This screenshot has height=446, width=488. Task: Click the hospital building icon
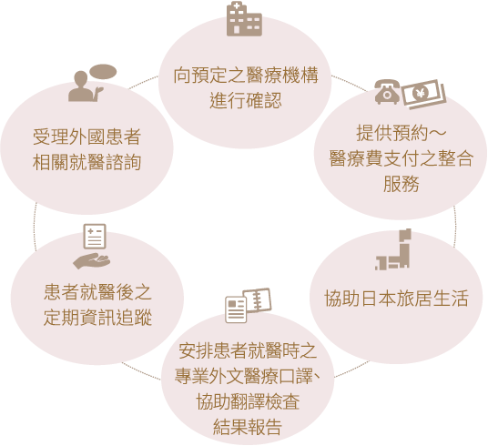(x=244, y=19)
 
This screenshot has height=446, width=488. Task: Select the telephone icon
(x=388, y=92)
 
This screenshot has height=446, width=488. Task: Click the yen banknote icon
(x=424, y=94)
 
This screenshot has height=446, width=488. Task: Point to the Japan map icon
(x=393, y=249)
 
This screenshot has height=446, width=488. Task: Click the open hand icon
(x=91, y=261)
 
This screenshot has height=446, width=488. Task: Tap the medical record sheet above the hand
(x=95, y=237)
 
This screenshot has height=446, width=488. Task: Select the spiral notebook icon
(x=257, y=300)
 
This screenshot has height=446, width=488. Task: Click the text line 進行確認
(x=246, y=101)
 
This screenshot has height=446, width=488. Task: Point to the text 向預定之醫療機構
(x=246, y=76)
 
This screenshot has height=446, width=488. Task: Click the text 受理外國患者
(x=86, y=137)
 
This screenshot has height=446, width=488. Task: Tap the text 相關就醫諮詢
(x=86, y=162)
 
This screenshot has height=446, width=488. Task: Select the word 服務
(x=401, y=183)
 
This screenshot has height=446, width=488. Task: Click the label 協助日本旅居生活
(x=396, y=299)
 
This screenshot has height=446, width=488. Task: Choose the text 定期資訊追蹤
(x=97, y=318)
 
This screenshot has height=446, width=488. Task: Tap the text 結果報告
(x=248, y=426)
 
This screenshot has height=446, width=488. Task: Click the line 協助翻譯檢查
(x=248, y=401)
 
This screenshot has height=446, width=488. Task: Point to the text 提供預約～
(x=402, y=133)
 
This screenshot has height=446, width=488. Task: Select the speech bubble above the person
(x=103, y=72)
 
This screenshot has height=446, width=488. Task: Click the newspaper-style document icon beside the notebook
(x=236, y=309)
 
